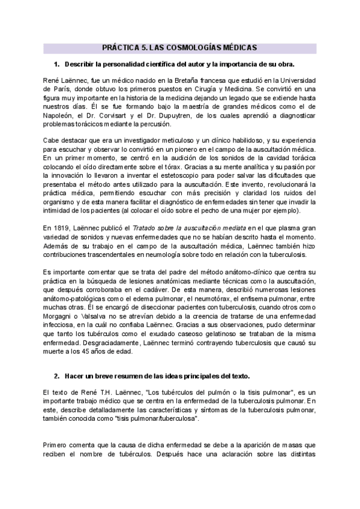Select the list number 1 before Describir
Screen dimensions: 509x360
tap(56, 64)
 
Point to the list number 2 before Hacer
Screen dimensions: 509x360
tap(56, 376)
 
